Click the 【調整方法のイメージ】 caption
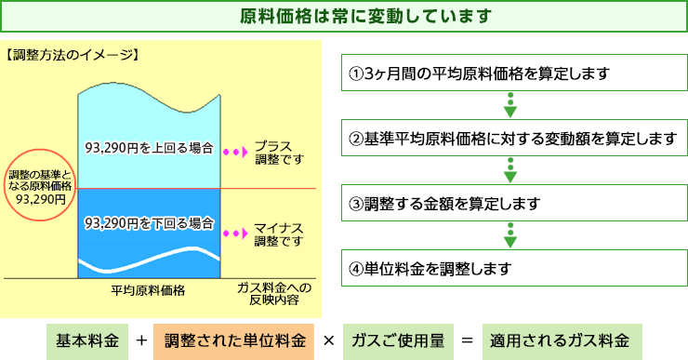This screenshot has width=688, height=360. coord(72,54)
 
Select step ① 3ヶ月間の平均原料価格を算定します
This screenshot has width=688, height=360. coord(509,73)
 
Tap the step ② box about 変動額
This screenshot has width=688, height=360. coord(509,139)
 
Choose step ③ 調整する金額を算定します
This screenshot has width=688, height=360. coord(509,204)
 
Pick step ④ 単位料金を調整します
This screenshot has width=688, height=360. coord(509,269)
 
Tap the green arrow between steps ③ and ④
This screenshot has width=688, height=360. coord(509,235)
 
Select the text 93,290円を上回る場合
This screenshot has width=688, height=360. coord(149,149)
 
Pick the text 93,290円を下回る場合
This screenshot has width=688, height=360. coord(149,224)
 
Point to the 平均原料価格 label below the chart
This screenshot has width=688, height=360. coord(148,290)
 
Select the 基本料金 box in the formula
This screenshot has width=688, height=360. coord(86,340)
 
